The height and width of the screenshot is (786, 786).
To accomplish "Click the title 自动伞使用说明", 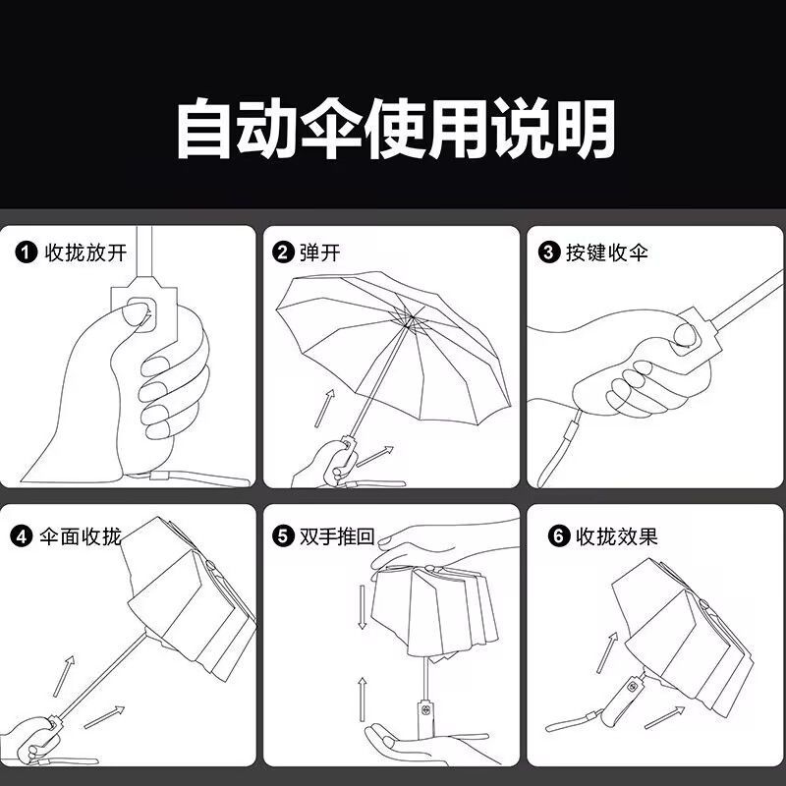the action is pos(396,129).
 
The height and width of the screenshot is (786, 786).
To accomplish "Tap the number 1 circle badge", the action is pos(27,253).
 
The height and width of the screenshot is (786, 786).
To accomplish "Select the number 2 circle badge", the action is pos(283,253).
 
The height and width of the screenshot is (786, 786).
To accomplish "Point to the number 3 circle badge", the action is pos(549,253).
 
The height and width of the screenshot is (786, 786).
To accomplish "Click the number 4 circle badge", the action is pos(21,536).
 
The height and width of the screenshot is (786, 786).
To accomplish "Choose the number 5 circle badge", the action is pos(283,536).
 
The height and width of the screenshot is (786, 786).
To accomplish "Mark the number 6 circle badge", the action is pos(559,536).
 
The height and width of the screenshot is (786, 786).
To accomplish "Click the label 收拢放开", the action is pos(85,253).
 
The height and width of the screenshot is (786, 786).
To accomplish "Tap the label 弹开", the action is pos(320,253).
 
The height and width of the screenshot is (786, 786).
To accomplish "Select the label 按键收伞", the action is pos(607,253).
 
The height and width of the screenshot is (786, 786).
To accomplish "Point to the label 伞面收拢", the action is pos(81,536).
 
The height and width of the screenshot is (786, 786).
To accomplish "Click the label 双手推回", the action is pos(337,536).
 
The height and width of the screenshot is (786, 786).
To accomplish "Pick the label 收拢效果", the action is pos(617,536).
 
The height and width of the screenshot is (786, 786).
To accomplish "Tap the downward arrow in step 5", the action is pos(362,606).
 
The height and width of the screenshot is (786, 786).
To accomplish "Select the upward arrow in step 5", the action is pos(362,700).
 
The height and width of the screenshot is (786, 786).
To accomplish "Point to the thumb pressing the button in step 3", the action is pos(685,335).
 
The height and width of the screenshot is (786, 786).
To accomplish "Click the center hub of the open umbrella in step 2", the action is pos(409,318).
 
